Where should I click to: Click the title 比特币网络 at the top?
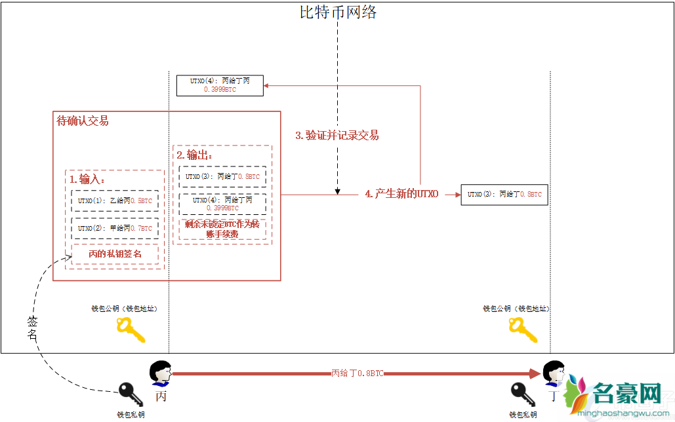pyautogui.click(x=338, y=12)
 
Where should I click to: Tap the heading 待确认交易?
pyautogui.click(x=83, y=121)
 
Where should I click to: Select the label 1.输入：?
pyautogui.click(x=87, y=179)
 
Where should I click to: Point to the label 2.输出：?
pyautogui.click(x=195, y=155)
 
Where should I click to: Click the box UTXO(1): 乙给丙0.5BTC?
pyautogui.click(x=115, y=201)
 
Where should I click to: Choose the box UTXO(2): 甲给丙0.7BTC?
pyautogui.click(x=115, y=229)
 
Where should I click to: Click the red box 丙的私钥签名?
pyautogui.click(x=115, y=254)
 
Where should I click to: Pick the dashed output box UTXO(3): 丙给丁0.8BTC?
pyautogui.click(x=222, y=176)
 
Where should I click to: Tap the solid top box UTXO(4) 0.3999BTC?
pyautogui.click(x=220, y=85)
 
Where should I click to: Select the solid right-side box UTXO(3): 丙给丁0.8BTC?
pyautogui.click(x=504, y=195)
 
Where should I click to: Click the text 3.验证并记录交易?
pyautogui.click(x=337, y=136)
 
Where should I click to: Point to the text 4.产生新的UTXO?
pyautogui.click(x=401, y=195)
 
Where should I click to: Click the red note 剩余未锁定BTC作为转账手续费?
pyautogui.click(x=222, y=229)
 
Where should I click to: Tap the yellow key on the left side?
pyautogui.click(x=130, y=330)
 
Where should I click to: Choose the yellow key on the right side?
pyautogui.click(x=523, y=330)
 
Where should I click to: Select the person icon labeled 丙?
pyautogui.click(x=160, y=374)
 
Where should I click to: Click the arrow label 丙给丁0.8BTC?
pyautogui.click(x=357, y=373)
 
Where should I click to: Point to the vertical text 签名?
pyautogui.click(x=33, y=328)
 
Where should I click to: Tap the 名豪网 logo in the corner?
pyautogui.click(x=617, y=396)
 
